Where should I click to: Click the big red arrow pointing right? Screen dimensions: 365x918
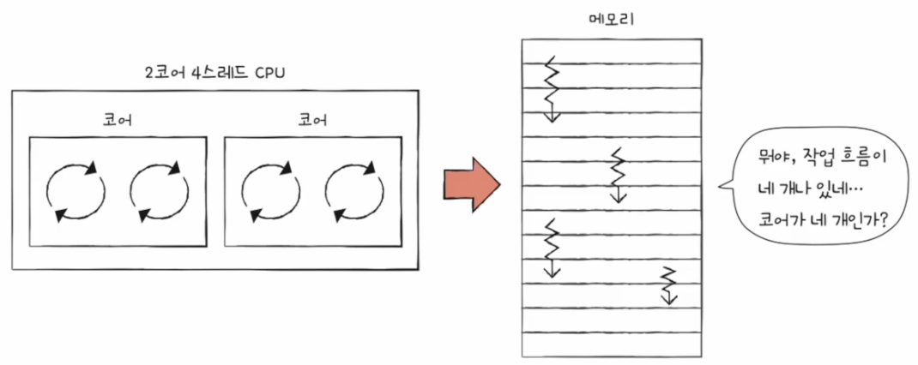(x=470, y=182)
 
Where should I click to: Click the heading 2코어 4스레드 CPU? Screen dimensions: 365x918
(x=214, y=73)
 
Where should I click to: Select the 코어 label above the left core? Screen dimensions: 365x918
(x=118, y=120)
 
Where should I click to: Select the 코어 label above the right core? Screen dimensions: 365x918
(x=312, y=120)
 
